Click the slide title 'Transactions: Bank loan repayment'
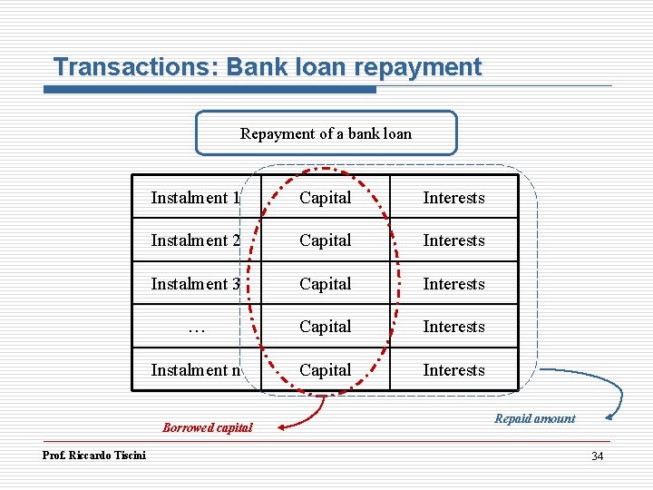[x=268, y=67]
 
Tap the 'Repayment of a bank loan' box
[x=326, y=133]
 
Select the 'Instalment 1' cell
[x=196, y=198]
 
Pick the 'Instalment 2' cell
[x=196, y=240]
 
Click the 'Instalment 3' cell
[x=196, y=284]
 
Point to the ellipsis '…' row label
[x=196, y=327]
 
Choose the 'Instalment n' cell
[x=196, y=370]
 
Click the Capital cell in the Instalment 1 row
[x=325, y=198]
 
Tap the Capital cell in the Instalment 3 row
[x=325, y=284]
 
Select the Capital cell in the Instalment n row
[x=325, y=370]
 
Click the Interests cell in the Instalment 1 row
[x=453, y=198]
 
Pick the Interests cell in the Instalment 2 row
[x=453, y=240]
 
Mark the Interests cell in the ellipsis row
[x=453, y=327]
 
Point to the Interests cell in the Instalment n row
[x=453, y=370]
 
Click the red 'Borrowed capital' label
[x=208, y=427]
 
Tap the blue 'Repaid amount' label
[x=534, y=418]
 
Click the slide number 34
[x=597, y=456]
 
